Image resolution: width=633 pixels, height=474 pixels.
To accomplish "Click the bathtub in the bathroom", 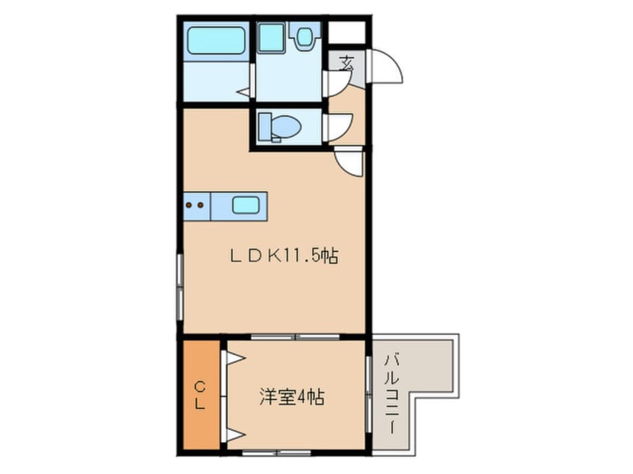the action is [x=217, y=40].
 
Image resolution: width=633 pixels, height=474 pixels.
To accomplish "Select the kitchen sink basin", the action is [x=245, y=206].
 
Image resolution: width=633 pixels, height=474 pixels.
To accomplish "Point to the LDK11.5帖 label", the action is [x=284, y=256].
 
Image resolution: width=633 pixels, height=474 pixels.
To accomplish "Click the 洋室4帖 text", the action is [x=292, y=397].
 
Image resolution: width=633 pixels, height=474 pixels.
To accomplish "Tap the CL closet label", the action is [x=200, y=396].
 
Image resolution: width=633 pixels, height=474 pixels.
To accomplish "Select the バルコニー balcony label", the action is [x=391, y=394].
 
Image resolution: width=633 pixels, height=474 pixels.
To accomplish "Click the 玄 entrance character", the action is [x=346, y=64].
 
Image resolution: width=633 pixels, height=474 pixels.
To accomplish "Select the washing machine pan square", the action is [x=271, y=37].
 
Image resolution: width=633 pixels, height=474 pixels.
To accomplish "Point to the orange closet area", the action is [x=201, y=395].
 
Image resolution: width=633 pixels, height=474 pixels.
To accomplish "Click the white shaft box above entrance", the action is [x=346, y=32].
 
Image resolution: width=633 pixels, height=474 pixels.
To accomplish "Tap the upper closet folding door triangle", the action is [x=236, y=357].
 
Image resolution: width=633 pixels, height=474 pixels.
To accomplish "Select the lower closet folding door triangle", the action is [x=236, y=434].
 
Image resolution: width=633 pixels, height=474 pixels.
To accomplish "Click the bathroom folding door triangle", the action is [x=244, y=92].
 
